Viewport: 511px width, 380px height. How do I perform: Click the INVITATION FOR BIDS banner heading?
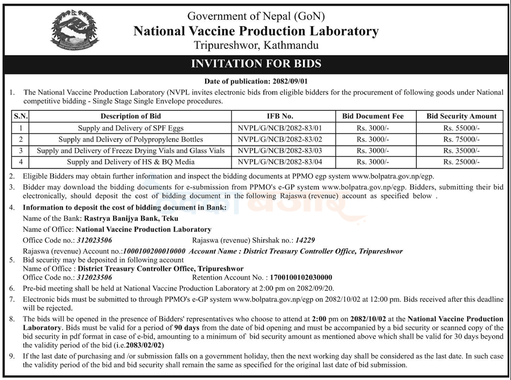click(256, 64)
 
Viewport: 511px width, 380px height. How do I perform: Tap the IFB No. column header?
click(280, 116)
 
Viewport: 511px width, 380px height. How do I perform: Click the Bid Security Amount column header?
click(461, 116)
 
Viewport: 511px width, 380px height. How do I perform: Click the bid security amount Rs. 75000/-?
click(461, 139)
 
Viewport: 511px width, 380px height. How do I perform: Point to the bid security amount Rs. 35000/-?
click(461, 150)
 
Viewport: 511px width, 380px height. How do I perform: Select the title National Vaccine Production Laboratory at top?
click(256, 31)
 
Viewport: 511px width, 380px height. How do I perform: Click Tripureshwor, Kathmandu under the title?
click(256, 45)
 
